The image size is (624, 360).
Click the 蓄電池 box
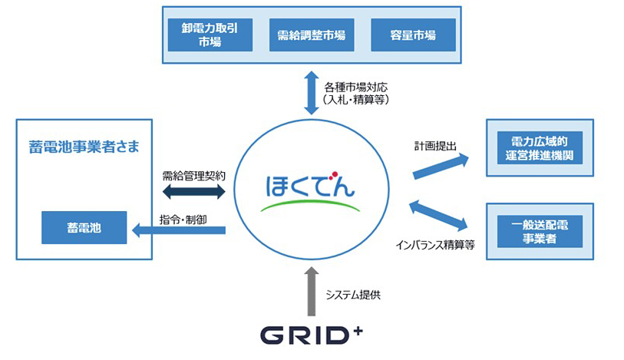point(83,229)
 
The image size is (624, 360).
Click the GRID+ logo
point(311,336)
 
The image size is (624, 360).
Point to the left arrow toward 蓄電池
point(177,228)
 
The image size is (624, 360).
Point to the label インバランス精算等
point(435,245)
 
